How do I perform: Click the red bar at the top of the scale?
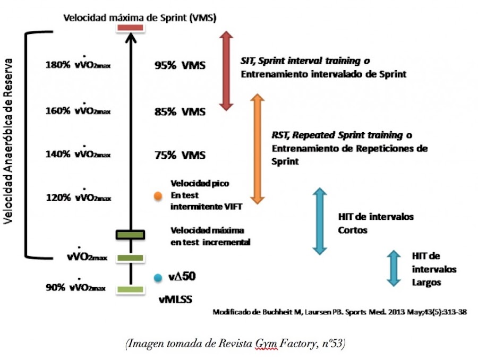coord(130,28)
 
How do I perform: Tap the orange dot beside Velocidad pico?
coord(158,196)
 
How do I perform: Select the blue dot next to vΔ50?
coord(157,277)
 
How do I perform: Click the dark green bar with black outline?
coord(130,234)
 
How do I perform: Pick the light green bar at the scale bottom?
coord(130,289)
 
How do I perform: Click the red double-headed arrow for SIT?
coord(227,71)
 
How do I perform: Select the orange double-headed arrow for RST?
coord(258,149)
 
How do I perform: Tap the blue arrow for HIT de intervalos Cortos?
coord(320,220)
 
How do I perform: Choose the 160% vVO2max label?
coord(79,110)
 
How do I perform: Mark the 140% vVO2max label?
coord(79,154)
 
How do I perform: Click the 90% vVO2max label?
coord(79,288)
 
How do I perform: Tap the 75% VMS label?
coord(179,156)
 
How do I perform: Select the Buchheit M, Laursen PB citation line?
coord(340,312)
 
